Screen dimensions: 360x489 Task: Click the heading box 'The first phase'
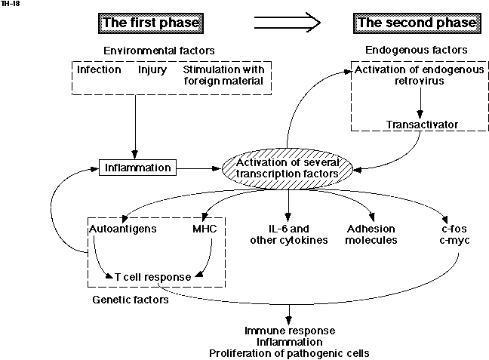coord(150,23)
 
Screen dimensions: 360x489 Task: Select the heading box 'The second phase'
coord(417,23)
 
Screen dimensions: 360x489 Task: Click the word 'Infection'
coord(99,69)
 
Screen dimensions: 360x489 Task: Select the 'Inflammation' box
coord(137,166)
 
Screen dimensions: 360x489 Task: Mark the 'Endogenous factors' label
coord(416,50)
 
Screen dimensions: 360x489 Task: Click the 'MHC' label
coord(205,228)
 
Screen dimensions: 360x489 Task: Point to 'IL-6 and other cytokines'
coord(288,234)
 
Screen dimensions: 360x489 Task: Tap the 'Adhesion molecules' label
coord(371,234)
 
